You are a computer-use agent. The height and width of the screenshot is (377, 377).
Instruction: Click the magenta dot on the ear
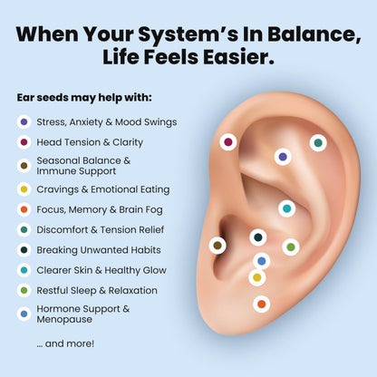228,142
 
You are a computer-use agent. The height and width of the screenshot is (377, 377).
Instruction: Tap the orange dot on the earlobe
261,304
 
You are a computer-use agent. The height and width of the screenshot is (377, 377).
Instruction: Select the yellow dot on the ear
257,277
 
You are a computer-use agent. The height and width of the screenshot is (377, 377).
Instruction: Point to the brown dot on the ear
217,246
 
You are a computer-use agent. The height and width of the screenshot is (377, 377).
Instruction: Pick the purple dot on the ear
283,157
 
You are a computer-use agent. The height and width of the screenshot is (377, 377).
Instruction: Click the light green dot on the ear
291,247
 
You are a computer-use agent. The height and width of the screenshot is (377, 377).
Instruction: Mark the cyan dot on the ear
286,208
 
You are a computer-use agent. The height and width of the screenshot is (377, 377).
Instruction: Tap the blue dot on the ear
262,261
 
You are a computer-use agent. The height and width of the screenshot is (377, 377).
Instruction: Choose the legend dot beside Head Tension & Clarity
24,142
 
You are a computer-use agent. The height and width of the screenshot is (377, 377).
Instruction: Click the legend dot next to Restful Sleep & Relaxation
24,290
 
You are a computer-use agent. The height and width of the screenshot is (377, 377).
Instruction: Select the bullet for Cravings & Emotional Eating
24,189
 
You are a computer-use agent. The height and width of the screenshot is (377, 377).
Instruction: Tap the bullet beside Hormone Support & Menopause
24,314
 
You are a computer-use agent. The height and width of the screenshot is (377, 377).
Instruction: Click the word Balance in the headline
314,34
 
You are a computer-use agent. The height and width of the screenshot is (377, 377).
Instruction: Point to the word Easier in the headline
238,57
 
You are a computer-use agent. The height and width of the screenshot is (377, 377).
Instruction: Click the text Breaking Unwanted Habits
99,250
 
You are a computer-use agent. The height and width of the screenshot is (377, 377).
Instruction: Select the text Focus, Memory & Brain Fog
100,209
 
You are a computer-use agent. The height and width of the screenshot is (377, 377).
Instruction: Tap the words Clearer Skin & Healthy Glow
101,270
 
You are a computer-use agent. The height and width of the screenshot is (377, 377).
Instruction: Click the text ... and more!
65,343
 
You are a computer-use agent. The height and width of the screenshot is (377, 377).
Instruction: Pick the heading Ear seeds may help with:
84,98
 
